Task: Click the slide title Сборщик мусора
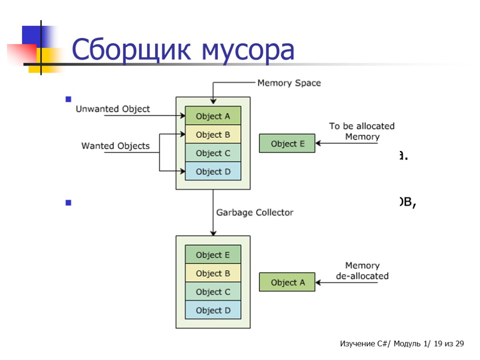coord(183,51)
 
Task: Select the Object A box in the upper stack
coord(213,116)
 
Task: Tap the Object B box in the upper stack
coord(213,135)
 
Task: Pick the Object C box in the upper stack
coord(213,153)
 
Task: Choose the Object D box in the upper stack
coord(213,172)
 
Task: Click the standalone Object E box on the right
coord(287,143)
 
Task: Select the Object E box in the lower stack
coord(213,255)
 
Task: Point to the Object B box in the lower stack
coord(213,273)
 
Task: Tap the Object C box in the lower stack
coord(213,292)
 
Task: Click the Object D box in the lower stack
coord(213,310)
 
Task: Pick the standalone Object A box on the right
coord(287,282)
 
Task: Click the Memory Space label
coord(289,83)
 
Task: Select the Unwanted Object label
coord(113,109)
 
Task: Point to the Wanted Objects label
coord(116,146)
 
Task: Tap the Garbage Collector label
coord(255,212)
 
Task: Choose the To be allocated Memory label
coord(362,131)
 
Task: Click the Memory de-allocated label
coord(362,270)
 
